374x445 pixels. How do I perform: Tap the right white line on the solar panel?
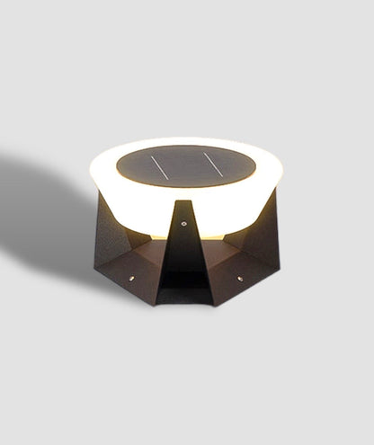pos(213,164)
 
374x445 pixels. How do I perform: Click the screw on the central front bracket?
pos(184,224)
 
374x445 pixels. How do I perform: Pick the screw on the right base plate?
pos(240,278)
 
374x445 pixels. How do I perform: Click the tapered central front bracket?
pos(184,252)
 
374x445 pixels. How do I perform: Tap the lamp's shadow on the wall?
pos(45,216)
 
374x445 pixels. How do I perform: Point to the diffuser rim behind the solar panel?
pos(185,142)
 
